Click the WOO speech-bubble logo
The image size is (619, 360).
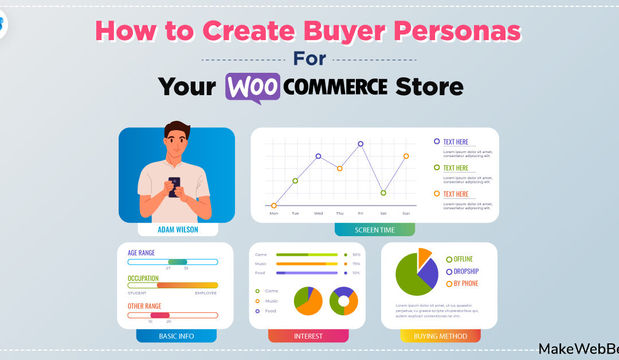tap(253, 87)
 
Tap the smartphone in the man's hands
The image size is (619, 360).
tap(174, 186)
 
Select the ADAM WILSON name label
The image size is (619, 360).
tap(178, 229)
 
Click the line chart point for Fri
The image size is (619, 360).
tap(361, 144)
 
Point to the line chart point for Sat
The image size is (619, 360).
tap(383, 193)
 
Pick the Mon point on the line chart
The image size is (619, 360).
tap(274, 205)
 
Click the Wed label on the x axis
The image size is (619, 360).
tap(318, 213)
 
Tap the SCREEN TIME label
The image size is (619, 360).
tap(374, 229)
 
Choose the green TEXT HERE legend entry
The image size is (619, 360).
tap(455, 168)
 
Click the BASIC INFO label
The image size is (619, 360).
tap(176, 336)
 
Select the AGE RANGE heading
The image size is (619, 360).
tap(141, 253)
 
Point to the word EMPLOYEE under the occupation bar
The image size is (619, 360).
tap(206, 293)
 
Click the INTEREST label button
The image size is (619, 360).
tap(308, 336)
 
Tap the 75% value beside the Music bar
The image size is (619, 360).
tap(356, 264)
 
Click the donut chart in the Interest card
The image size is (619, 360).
tap(344, 301)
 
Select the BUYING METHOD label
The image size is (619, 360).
tap(440, 336)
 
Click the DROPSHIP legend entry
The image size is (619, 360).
tap(465, 271)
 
